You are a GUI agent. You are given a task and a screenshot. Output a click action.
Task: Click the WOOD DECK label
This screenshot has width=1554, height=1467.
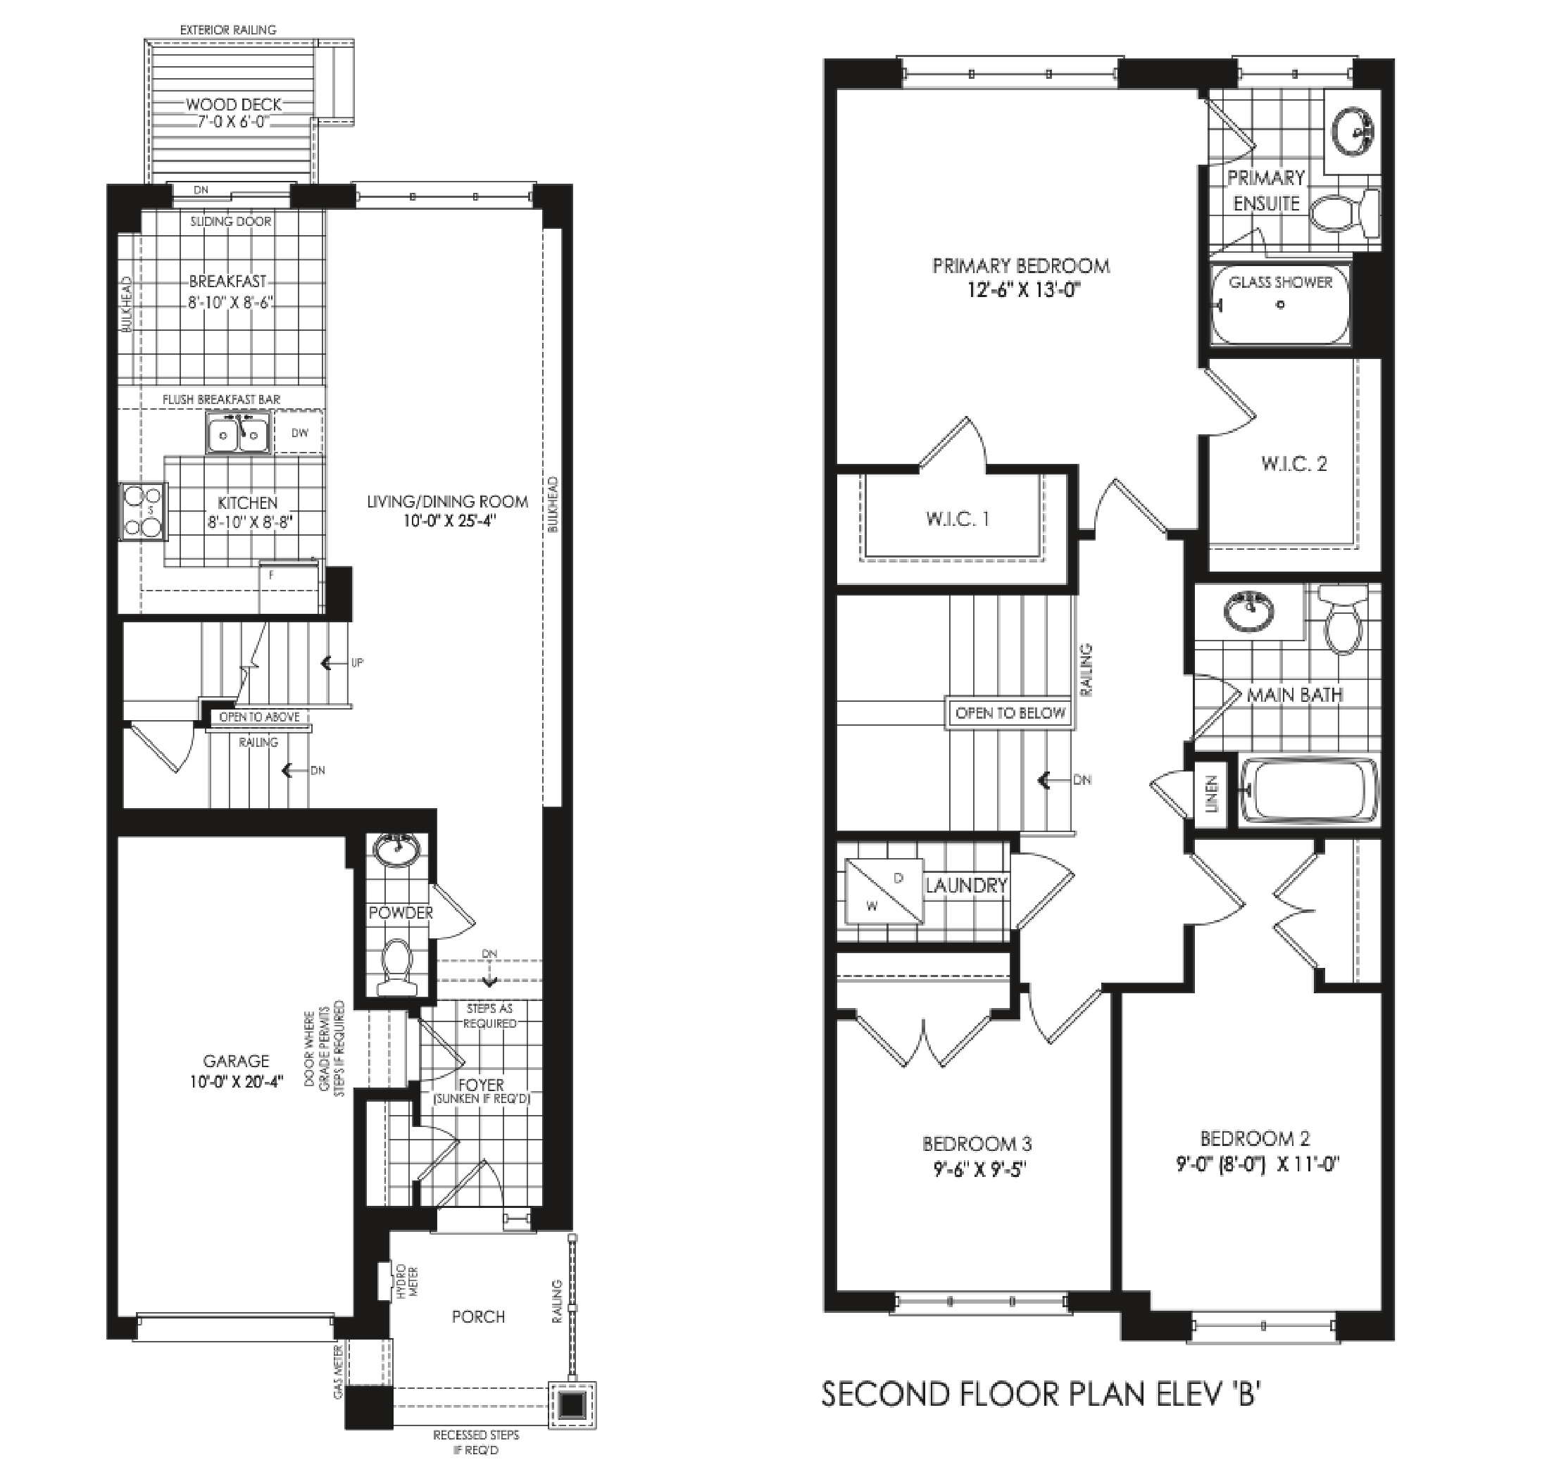233,105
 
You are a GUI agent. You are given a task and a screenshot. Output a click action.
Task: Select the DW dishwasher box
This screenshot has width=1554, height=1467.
299,432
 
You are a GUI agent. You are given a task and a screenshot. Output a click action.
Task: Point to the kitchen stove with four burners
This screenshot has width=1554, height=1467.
143,512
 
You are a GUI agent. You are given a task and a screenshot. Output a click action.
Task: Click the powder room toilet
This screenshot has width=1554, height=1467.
396,967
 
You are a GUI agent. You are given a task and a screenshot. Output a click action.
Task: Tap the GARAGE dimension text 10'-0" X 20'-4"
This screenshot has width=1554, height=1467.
236,1081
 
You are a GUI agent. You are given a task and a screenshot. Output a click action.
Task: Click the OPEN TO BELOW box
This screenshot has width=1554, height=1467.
1010,713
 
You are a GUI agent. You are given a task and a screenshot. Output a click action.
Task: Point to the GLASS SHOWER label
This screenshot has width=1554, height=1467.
1280,282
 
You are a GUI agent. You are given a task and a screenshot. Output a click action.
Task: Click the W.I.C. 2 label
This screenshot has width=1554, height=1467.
1293,464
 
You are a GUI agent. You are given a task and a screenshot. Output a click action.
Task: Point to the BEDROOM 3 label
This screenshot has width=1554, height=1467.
977,1144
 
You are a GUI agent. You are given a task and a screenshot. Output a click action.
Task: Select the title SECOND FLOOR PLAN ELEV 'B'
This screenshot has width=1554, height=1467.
1041,1394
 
